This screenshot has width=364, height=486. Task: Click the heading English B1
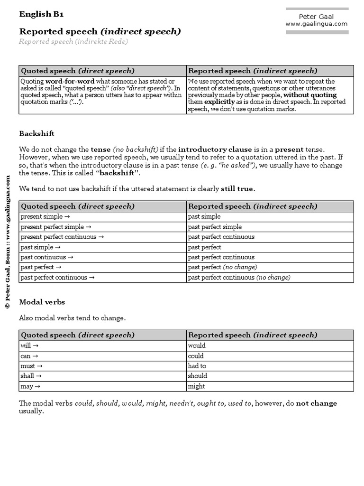(41, 14)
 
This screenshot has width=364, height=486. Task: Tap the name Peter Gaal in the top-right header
(316, 17)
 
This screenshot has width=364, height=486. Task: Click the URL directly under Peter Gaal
(316, 24)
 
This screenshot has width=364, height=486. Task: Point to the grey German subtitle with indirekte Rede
(73, 42)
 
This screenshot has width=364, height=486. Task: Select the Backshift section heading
(36, 134)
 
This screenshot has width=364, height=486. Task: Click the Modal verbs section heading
(42, 302)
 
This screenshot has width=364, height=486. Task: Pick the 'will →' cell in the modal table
(29, 346)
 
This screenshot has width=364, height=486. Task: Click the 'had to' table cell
(197, 366)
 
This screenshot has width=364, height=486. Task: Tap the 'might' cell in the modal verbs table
(197, 386)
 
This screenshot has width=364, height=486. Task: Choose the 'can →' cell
(29, 356)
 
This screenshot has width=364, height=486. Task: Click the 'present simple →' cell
(45, 216)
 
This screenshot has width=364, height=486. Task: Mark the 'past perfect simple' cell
(215, 227)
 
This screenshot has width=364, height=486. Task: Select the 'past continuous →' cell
(47, 257)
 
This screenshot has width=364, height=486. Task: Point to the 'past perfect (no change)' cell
(222, 267)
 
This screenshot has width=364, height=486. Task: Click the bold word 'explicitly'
(219, 102)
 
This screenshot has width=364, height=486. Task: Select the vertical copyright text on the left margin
(8, 242)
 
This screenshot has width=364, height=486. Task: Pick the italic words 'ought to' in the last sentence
(212, 403)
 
